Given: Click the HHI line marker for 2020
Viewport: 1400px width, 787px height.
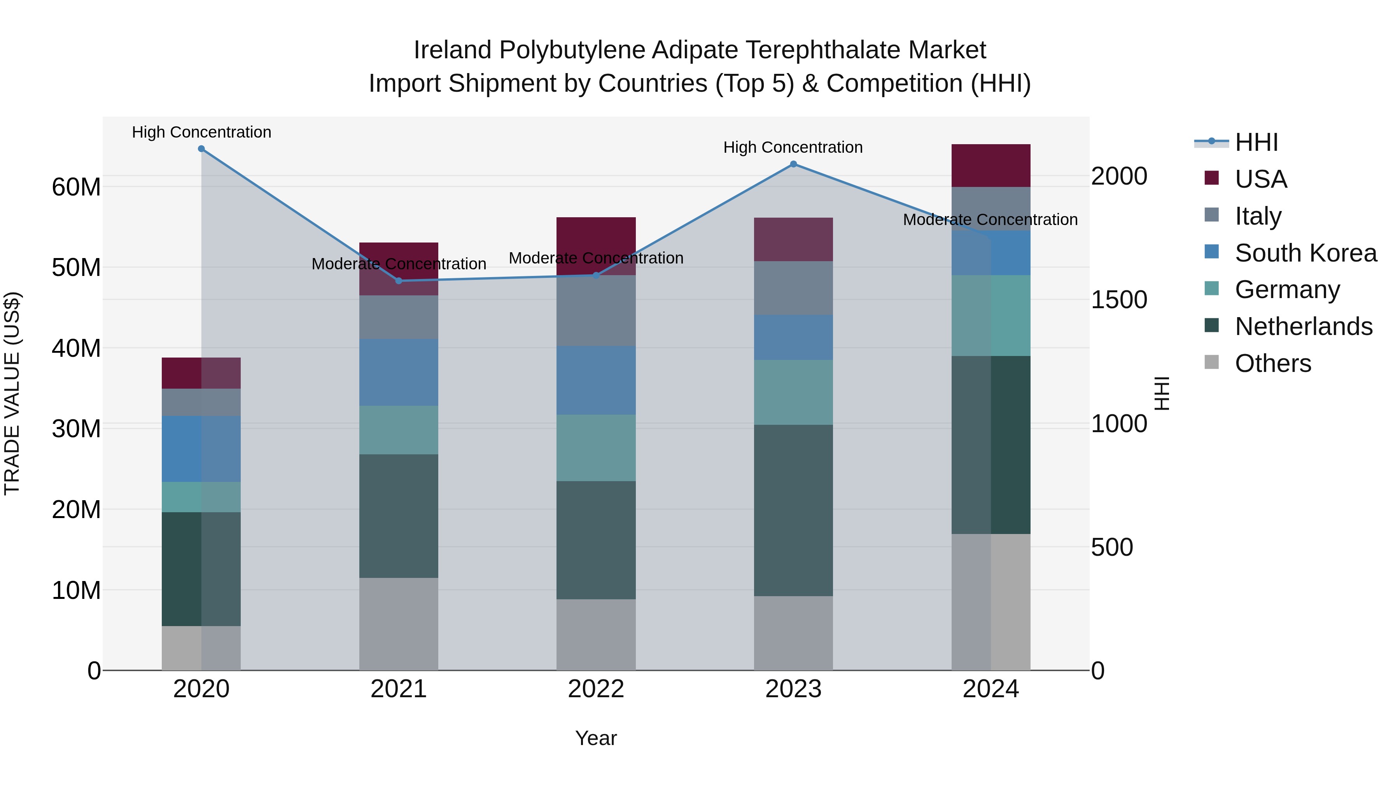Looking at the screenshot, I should pos(201,149).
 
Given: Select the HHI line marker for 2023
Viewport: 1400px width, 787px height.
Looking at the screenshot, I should pos(793,164).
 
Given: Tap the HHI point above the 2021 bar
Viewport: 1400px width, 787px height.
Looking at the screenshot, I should pos(398,281).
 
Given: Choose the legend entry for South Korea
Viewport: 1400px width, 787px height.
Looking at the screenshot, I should pos(1305,253).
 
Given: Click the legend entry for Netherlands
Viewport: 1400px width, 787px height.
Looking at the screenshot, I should pos(1303,326).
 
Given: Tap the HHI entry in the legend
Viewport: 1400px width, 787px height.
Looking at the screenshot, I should pos(1256,142).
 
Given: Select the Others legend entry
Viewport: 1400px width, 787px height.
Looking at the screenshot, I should pos(1272,363).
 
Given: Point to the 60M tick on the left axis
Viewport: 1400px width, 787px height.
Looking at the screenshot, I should pos(76,187).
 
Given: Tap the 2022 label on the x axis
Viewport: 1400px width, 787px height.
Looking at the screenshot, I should pos(596,689).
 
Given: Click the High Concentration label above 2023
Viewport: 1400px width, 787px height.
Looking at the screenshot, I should pos(793,147).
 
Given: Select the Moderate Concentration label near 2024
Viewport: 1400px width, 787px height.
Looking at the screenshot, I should pos(990,220).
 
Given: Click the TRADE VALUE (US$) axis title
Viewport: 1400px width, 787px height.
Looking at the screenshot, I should pos(12,393).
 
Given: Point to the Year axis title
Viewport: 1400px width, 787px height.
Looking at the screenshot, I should pos(596,738).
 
